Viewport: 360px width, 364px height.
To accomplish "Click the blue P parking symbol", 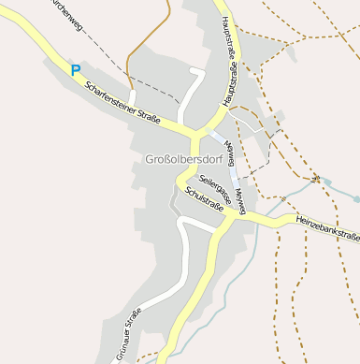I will coord(76,69).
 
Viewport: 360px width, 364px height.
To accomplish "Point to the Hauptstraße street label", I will coord(229,60).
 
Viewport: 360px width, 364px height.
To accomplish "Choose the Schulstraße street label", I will coord(204,199).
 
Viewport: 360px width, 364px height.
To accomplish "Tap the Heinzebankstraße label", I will coord(327,226).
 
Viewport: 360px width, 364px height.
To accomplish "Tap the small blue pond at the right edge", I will coord(355,198).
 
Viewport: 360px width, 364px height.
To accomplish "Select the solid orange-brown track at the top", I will coord(150,36).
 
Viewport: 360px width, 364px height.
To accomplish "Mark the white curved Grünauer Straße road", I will coord(178,281).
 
